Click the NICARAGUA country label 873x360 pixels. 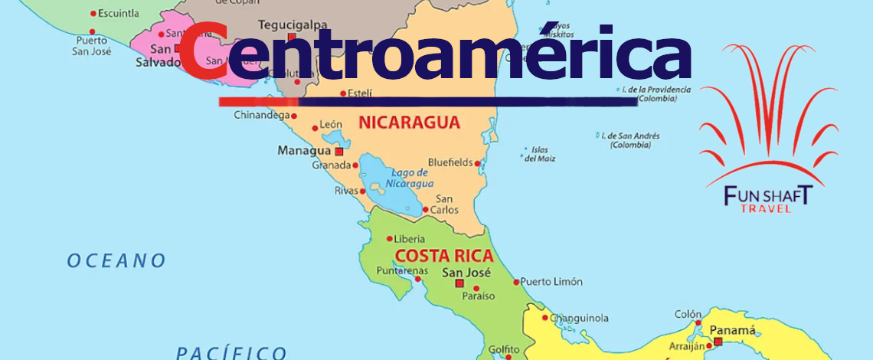point(409,123)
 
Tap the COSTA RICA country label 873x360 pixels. point(443,256)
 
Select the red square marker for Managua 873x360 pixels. point(338,152)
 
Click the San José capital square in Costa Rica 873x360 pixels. point(459,283)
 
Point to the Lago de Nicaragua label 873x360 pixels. point(409,178)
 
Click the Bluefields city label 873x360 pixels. point(450,163)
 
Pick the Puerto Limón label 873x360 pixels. point(552,282)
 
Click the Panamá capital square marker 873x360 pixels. point(718,342)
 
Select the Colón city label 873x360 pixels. point(688,314)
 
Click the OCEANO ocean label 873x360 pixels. point(116,261)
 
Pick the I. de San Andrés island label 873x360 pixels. point(630,139)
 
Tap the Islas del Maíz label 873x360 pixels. point(540,154)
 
